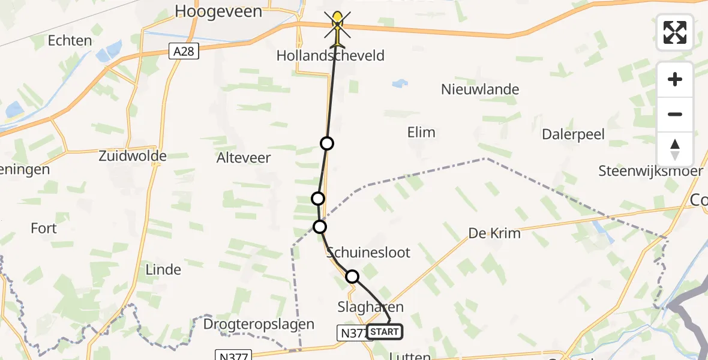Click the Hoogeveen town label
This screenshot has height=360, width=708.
coord(218,11)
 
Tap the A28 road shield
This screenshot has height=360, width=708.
coord(184,52)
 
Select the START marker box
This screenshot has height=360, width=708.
coord(384,332)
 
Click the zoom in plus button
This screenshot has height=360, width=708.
coord(675,79)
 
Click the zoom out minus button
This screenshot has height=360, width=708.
coord(675,114)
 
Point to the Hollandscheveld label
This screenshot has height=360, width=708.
coord(330,56)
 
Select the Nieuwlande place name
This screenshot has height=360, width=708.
coord(480,90)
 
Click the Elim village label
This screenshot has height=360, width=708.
coord(421,133)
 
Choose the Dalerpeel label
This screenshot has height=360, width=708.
coord(573,134)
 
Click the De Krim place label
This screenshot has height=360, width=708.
coord(494,233)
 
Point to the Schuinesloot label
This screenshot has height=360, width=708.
coord(368,253)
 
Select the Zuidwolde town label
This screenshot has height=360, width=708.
coord(133,157)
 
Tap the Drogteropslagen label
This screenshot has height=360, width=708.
coord(259,325)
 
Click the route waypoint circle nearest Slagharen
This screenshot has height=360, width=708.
coord(352,277)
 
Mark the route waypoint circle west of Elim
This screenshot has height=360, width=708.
coord(327,143)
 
